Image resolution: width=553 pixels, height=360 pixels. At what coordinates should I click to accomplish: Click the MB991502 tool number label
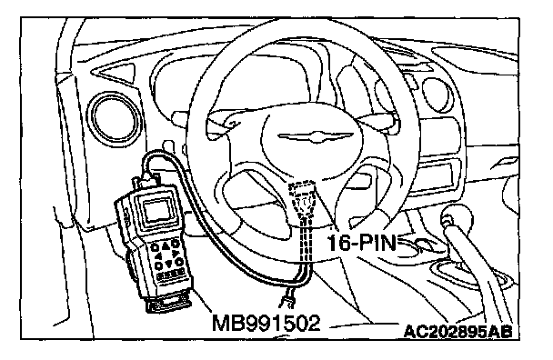point(266,323)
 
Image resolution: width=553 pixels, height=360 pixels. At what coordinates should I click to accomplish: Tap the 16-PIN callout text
point(362,244)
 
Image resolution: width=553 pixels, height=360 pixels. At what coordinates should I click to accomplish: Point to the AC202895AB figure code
point(457,332)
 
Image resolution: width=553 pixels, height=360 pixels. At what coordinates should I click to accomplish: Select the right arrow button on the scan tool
point(175,253)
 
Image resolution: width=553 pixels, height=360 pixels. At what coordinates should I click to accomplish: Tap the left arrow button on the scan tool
point(158,256)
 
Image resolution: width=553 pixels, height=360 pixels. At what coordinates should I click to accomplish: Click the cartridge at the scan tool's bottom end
point(169,302)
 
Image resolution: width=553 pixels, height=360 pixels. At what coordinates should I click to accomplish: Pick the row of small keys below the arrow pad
point(171,274)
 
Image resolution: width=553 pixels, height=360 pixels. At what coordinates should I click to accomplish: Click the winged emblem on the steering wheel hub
point(315,136)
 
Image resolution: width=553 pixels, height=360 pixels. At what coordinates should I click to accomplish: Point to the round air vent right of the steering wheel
point(437,93)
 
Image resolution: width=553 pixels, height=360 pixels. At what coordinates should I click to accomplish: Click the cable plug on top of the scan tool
point(146,180)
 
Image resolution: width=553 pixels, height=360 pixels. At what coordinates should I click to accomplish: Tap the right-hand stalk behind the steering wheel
point(377,121)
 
